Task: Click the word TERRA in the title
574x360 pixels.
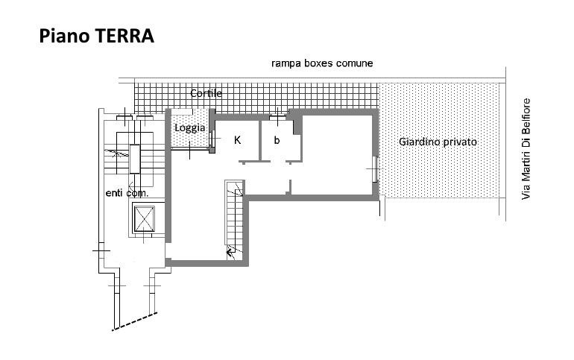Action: pos(124,36)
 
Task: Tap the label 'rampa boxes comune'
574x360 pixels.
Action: pos(322,63)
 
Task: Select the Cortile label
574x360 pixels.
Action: pos(206,93)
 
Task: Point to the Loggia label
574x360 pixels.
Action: pos(189,128)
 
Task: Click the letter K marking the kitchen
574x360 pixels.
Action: pos(238,140)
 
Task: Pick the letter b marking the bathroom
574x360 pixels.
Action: pos(277,140)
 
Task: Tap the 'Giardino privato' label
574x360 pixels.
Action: pos(438,142)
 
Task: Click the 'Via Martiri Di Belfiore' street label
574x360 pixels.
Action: pos(526,149)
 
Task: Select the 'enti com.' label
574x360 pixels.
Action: pos(127,193)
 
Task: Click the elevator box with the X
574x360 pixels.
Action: pos(144,219)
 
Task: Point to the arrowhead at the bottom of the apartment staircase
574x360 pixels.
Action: pos(230,252)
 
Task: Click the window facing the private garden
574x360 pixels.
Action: pos(374,169)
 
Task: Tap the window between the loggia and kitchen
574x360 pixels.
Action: pos(212,139)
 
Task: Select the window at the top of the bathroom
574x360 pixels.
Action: pos(278,118)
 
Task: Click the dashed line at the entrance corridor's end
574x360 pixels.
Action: pos(135,321)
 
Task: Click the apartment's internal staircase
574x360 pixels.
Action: pos(234,220)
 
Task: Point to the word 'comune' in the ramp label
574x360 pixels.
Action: pos(355,63)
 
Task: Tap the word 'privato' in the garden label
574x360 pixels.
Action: pos(460,142)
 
